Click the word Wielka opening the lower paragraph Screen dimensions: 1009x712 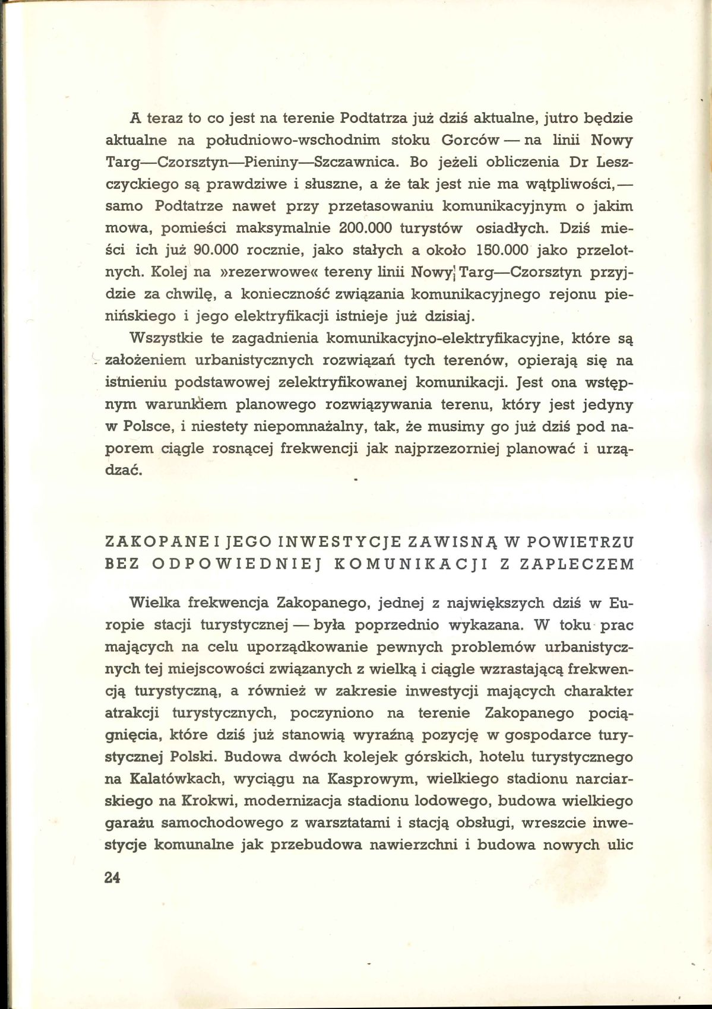point(154,604)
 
